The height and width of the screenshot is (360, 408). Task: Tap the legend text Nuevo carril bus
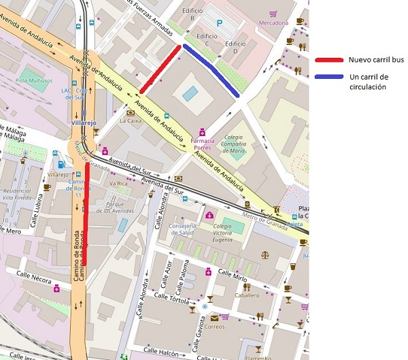pyautogui.click(x=376, y=60)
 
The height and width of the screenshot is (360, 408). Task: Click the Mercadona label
pyautogui.click(x=273, y=22)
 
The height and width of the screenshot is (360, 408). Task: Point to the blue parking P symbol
pyautogui.click(x=218, y=22)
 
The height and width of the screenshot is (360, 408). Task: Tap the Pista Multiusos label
pyautogui.click(x=34, y=80)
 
